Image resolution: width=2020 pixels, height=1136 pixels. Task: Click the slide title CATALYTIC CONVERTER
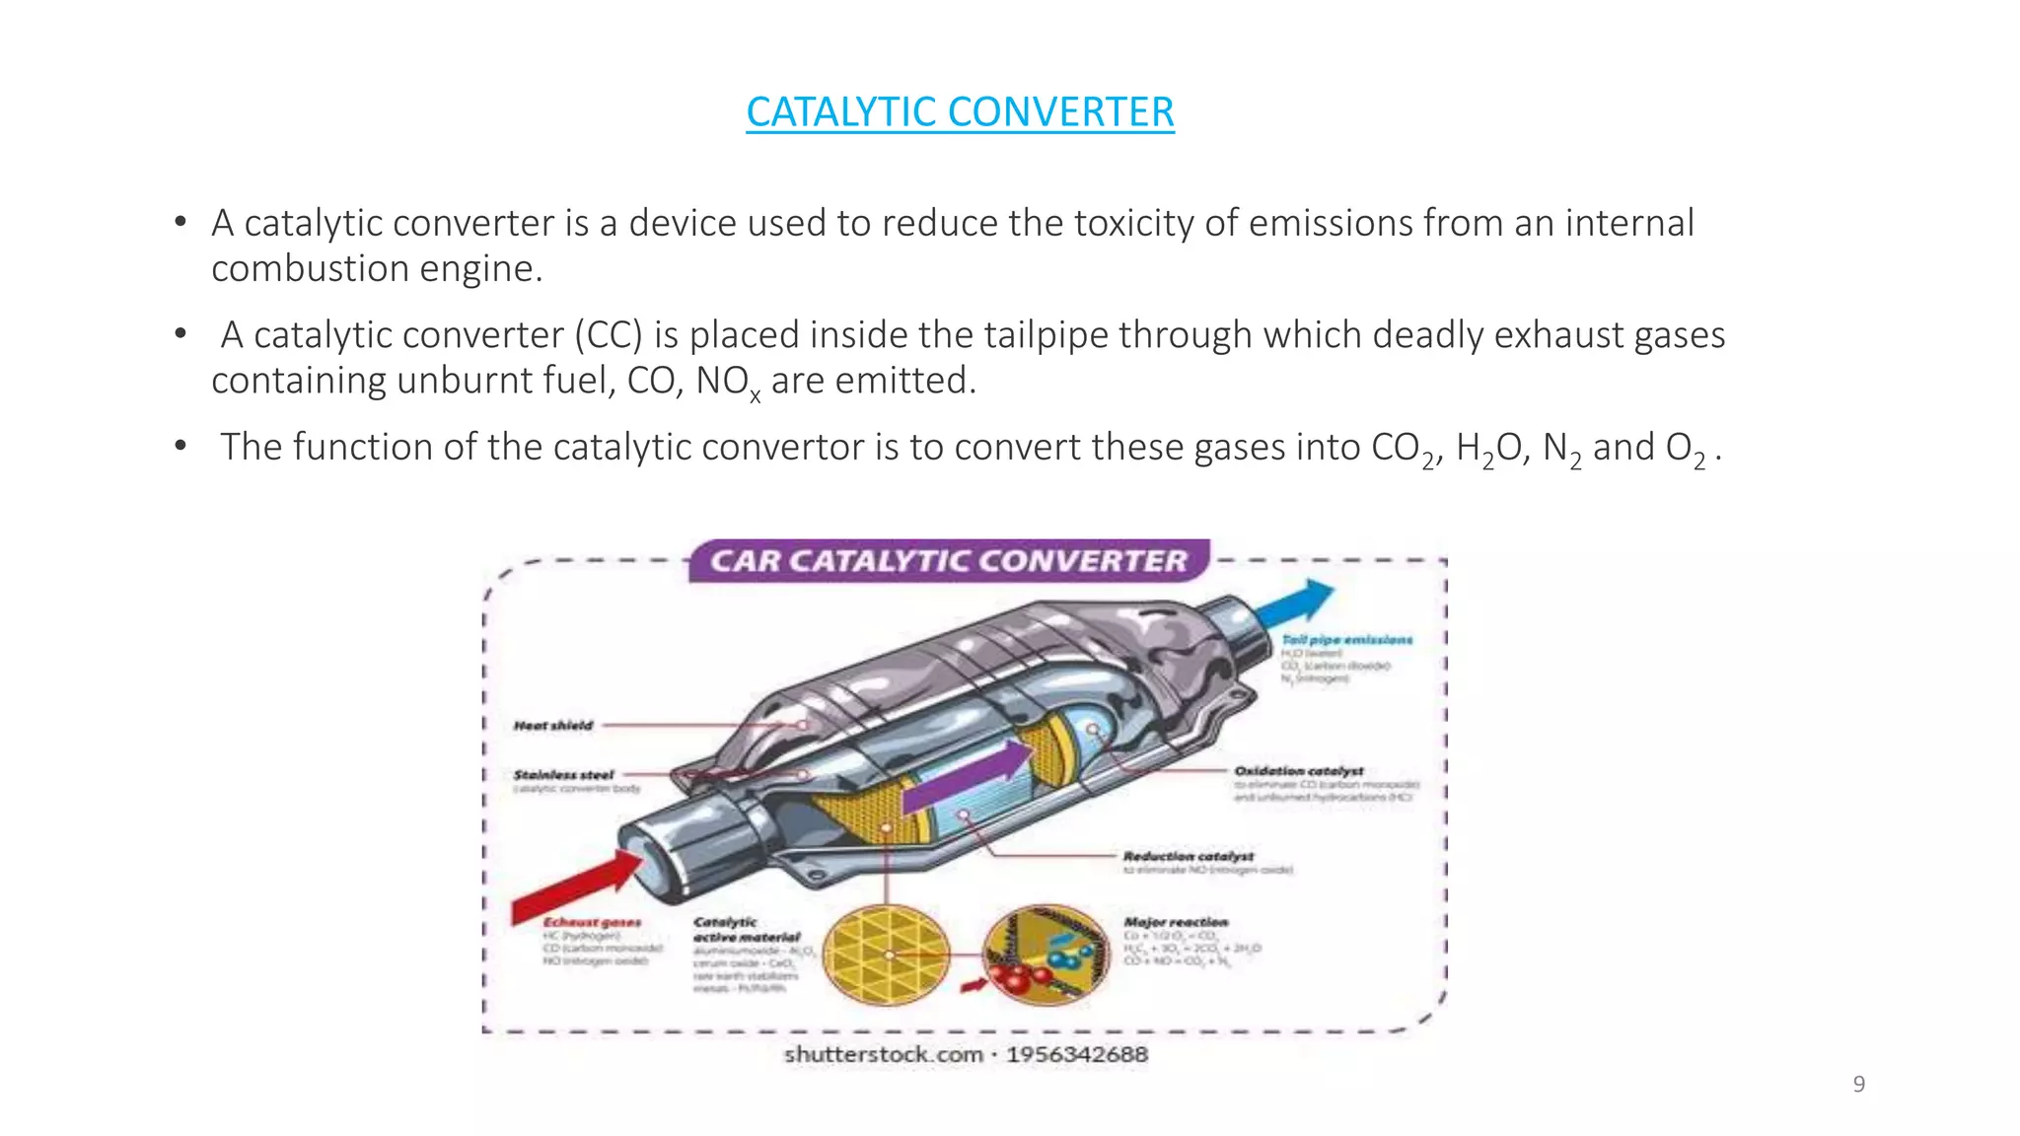[960, 112]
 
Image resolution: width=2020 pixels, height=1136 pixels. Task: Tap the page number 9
[1858, 1085]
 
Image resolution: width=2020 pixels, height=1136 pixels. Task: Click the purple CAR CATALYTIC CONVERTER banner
[948, 561]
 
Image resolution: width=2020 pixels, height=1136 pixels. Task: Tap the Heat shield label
[553, 726]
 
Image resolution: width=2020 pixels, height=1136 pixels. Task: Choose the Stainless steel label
[563, 775]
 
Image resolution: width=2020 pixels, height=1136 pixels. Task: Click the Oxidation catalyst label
[1298, 770]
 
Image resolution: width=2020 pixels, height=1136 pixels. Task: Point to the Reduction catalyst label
[1188, 856]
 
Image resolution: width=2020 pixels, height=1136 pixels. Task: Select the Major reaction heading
[1176, 922]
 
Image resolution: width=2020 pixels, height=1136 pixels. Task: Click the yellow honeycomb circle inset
[885, 955]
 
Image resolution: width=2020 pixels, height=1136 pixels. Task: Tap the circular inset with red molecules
[1046, 955]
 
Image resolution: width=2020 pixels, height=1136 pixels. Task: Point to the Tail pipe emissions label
[1346, 640]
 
